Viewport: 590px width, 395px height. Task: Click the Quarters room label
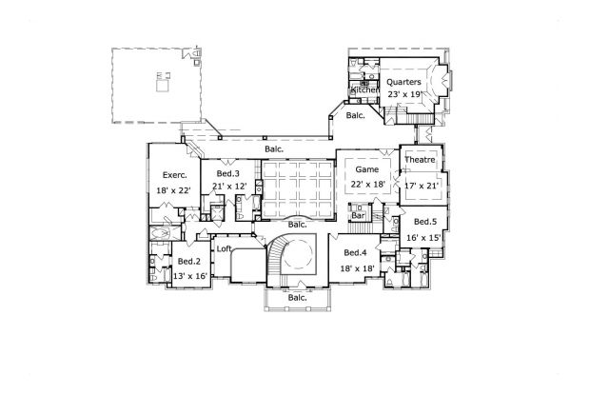click(x=404, y=83)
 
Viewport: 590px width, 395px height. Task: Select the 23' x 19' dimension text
click(x=404, y=95)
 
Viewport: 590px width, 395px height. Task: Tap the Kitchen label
click(x=365, y=89)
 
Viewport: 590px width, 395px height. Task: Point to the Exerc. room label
click(x=174, y=175)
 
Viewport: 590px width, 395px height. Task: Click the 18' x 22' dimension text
click(x=175, y=190)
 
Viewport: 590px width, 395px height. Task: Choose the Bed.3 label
click(x=226, y=174)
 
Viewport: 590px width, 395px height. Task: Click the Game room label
click(x=367, y=168)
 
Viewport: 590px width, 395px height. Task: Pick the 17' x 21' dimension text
click(x=420, y=186)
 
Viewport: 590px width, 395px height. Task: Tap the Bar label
click(x=359, y=216)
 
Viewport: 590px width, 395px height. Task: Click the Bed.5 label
click(x=425, y=221)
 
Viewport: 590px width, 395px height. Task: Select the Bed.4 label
click(x=355, y=252)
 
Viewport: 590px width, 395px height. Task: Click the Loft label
click(x=225, y=249)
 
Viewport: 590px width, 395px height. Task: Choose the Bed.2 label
click(x=188, y=261)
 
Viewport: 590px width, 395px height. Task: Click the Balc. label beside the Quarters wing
click(x=355, y=115)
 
